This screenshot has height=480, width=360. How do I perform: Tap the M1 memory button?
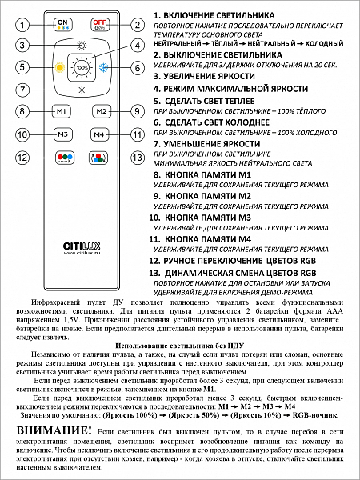(x=62, y=111)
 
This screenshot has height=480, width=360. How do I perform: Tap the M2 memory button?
(x=99, y=111)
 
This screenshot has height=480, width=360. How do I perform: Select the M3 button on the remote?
(x=62, y=134)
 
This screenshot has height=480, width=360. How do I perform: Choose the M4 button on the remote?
(x=99, y=134)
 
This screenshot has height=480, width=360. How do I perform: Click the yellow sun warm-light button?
(x=58, y=68)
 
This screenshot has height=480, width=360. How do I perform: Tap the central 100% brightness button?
(x=80, y=68)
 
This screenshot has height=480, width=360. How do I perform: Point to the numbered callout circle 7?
(x=24, y=90)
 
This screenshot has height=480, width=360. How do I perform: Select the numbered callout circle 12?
(x=24, y=158)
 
